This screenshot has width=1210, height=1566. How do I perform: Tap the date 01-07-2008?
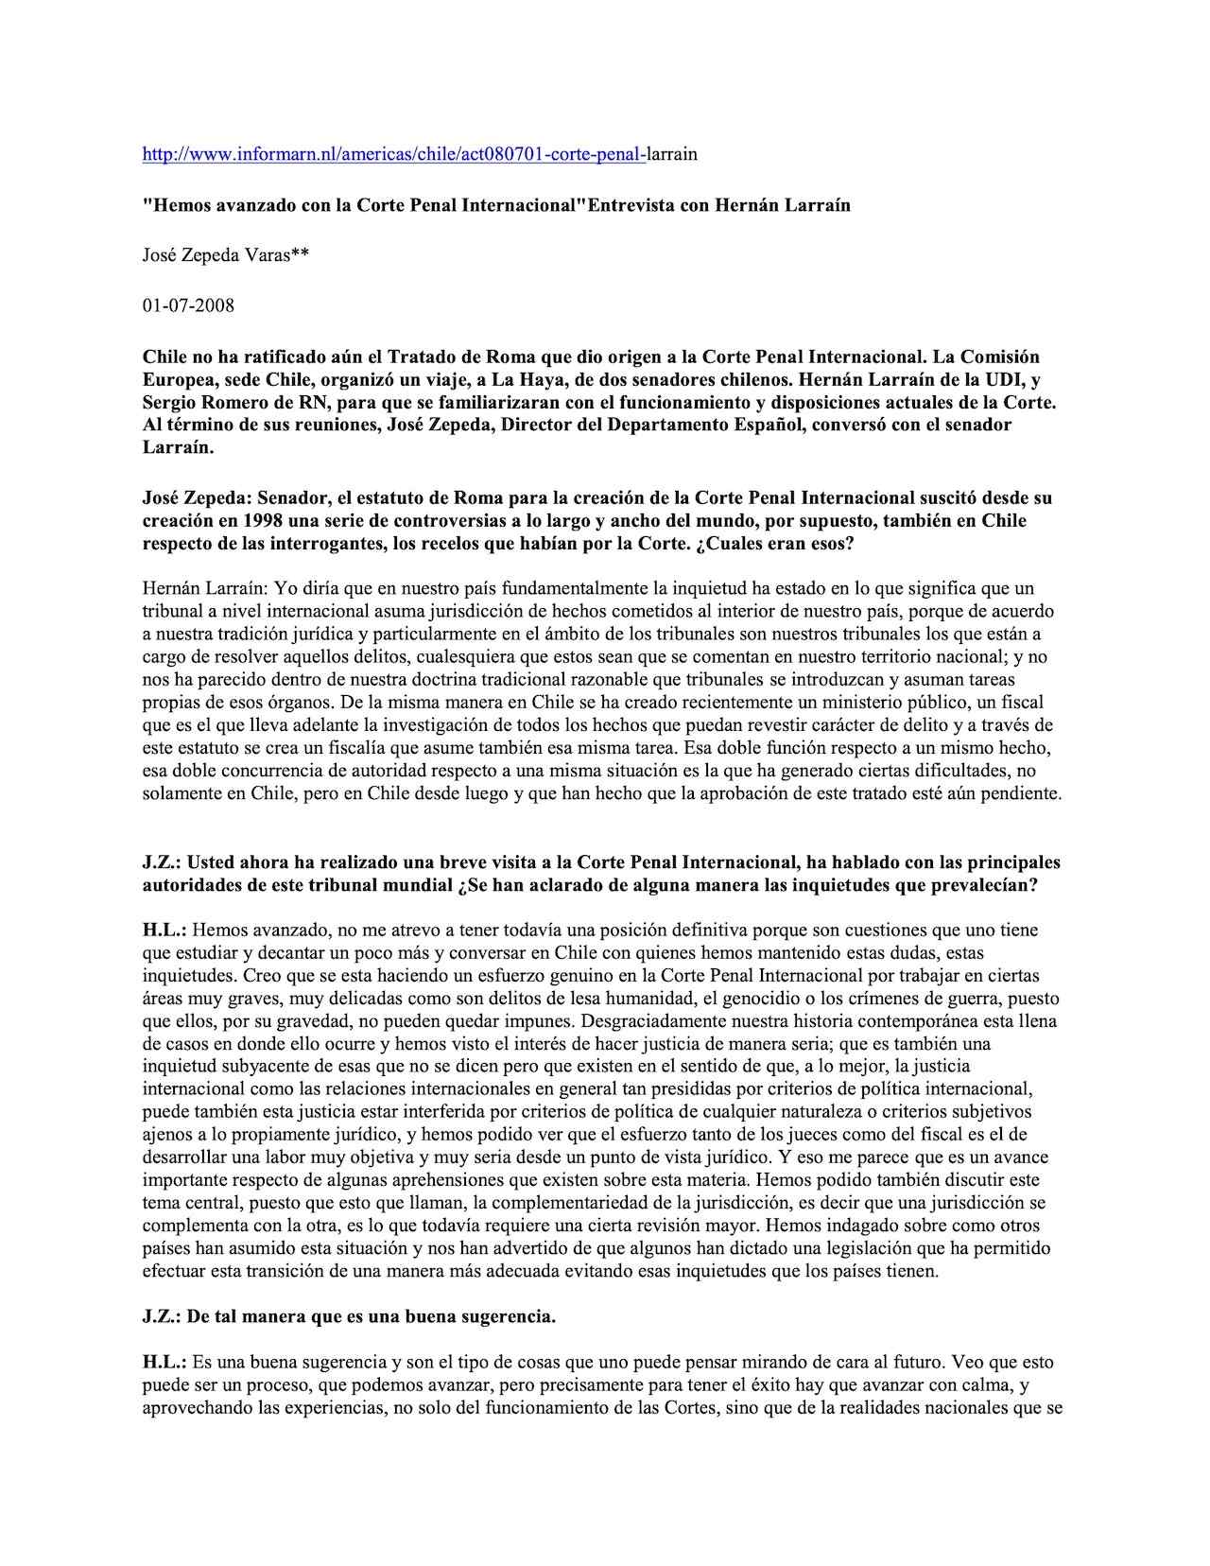(x=188, y=305)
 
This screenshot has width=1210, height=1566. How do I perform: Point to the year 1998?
(x=261, y=521)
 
